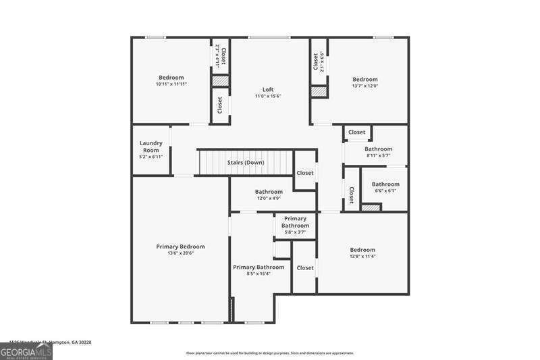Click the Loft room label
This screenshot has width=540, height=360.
pos(267,90)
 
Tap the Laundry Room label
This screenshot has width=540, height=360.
pos(151,147)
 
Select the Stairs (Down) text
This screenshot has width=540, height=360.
pos(246,163)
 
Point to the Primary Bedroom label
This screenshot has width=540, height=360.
pos(180,247)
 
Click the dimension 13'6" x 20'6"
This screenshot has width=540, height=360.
pos(180,253)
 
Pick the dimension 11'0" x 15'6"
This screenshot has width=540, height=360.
pos(267,97)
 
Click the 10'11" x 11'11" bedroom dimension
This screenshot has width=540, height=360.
pos(171,84)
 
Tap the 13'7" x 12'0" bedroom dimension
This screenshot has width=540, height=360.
pos(364,86)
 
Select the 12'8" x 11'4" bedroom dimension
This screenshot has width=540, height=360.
pos(362,257)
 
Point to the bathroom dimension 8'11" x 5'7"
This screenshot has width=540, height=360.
pos(378,155)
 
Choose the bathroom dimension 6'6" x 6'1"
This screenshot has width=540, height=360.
pos(385,190)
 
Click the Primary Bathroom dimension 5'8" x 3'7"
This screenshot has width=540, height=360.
pos(295,232)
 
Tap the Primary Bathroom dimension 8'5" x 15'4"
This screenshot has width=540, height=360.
pos(259,274)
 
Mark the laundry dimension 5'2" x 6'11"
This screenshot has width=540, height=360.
pos(151,156)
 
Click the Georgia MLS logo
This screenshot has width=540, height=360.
pos(26,351)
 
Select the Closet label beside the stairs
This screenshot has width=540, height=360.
pos(305,173)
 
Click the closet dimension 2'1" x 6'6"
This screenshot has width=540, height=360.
pos(322,61)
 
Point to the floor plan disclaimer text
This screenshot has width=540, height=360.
pos(269,353)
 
